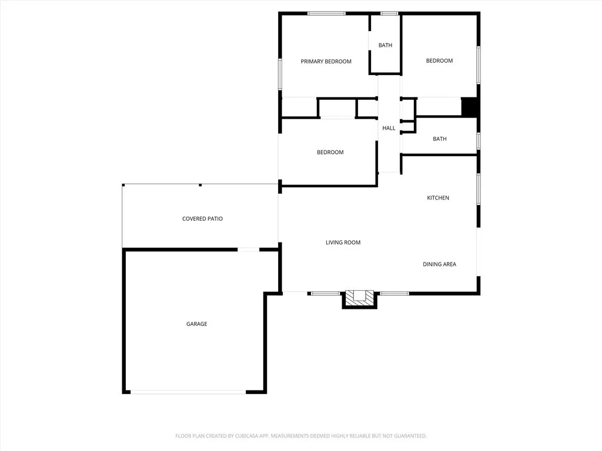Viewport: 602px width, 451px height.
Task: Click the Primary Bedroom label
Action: pyautogui.click(x=326, y=62)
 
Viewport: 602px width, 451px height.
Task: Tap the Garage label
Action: pyautogui.click(x=196, y=324)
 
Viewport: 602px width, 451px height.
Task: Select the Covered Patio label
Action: pyautogui.click(x=202, y=219)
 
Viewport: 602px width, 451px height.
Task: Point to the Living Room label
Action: pyautogui.click(x=343, y=243)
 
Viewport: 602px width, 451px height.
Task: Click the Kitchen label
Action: pyautogui.click(x=438, y=198)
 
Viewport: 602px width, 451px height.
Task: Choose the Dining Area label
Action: pyautogui.click(x=439, y=264)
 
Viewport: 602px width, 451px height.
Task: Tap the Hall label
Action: pyautogui.click(x=389, y=128)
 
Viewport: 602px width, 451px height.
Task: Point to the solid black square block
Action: pyautogui.click(x=469, y=107)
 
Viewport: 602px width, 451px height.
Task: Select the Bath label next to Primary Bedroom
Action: pyautogui.click(x=385, y=45)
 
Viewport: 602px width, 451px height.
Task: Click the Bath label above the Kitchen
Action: pyautogui.click(x=439, y=139)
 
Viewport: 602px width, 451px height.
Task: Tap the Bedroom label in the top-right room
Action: pyautogui.click(x=439, y=61)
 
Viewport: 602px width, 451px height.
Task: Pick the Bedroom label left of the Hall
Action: pyautogui.click(x=330, y=153)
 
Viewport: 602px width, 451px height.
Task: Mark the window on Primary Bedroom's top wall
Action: pyautogui.click(x=326, y=14)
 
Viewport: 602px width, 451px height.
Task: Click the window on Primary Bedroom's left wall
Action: pyautogui.click(x=280, y=74)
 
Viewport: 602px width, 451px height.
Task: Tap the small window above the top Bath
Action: pyautogui.click(x=389, y=14)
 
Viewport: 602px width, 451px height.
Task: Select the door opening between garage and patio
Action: pyautogui.click(x=248, y=250)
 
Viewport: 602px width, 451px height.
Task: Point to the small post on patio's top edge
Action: pyautogui.click(x=200, y=185)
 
